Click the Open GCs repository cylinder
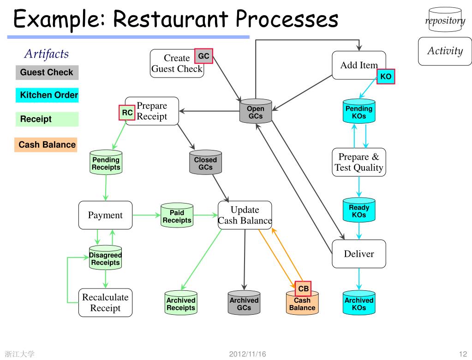[x=256, y=111]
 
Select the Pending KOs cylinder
[x=359, y=111]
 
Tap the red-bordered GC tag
[x=203, y=56]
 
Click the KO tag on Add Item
[x=386, y=77]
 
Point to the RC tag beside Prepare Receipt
[x=127, y=113]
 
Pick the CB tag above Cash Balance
[x=303, y=288]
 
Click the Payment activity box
[x=105, y=215]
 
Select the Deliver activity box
[x=359, y=254]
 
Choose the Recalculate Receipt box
[x=105, y=302]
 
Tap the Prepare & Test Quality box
[x=359, y=162]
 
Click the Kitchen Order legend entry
[x=47, y=95]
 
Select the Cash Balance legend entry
[x=46, y=145]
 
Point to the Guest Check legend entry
[x=47, y=72]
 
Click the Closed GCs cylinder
[x=206, y=162]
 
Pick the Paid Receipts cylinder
[x=177, y=215]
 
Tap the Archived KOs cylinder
[x=359, y=302]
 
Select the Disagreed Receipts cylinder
[x=105, y=258]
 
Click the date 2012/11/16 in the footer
[x=247, y=354]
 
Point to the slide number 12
[x=463, y=354]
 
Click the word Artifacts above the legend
[x=47, y=54]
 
